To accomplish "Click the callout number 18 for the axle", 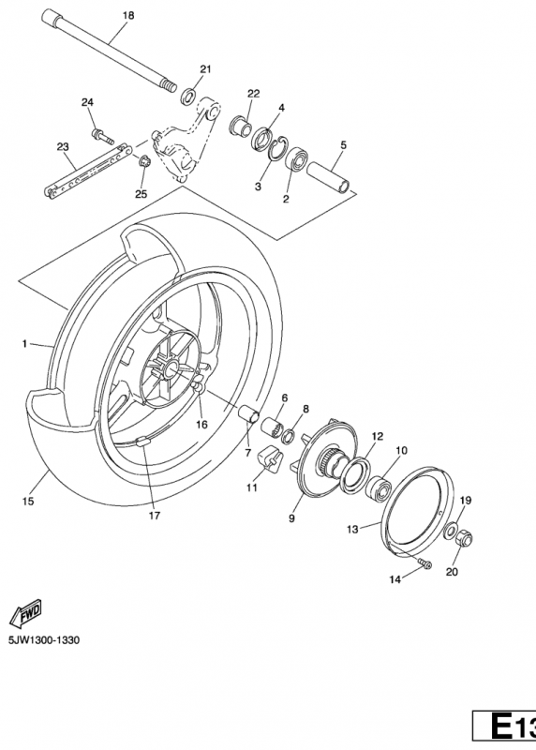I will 128,16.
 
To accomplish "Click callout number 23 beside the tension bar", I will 64,146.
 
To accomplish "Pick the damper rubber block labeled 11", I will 272,459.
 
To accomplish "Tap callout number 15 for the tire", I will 28,475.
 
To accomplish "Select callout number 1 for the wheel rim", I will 26,344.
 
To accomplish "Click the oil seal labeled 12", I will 357,471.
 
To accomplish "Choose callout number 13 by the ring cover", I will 352,529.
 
